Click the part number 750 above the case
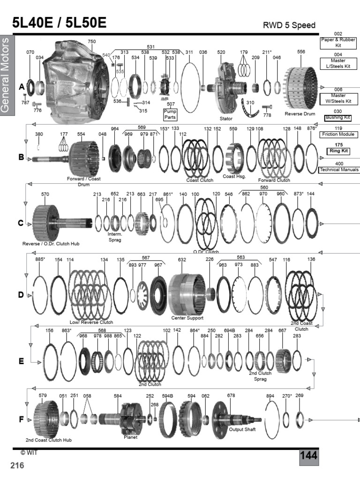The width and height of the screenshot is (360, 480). (92, 42)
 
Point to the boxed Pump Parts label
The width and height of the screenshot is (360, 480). (170, 114)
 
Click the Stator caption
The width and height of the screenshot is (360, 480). (226, 119)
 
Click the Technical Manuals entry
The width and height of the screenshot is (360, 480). (339, 169)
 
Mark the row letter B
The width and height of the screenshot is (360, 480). (21, 157)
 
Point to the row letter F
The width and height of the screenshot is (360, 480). (21, 420)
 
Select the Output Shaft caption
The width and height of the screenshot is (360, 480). (242, 429)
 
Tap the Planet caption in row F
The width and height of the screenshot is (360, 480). (130, 437)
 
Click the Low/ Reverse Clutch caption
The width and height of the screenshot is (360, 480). (91, 322)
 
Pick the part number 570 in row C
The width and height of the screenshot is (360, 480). (45, 194)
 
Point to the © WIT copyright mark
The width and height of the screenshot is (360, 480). (29, 453)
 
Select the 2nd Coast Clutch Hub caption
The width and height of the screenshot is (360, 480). (49, 440)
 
